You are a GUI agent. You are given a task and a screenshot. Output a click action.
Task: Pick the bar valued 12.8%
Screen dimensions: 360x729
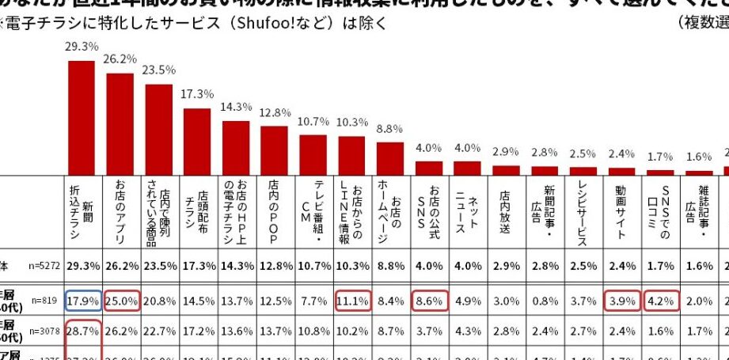(274, 150)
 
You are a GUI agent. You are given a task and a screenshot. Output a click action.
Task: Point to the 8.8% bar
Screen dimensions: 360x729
(390, 158)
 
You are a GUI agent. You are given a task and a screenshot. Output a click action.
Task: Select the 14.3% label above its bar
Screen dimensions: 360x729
(236, 106)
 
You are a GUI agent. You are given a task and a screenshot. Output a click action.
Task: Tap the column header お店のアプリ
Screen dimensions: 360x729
(120, 214)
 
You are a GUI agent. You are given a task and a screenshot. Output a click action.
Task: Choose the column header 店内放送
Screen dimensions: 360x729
(505, 214)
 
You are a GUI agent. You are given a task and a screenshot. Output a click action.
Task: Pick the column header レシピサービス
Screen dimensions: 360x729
(582, 214)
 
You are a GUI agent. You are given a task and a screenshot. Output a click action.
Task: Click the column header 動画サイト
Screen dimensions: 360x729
(621, 214)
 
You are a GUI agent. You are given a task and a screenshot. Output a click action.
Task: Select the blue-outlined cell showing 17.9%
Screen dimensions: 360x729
(82, 301)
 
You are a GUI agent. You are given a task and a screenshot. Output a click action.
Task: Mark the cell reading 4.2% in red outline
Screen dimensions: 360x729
(659, 301)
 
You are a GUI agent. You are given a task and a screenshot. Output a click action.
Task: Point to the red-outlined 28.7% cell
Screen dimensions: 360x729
(82, 328)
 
